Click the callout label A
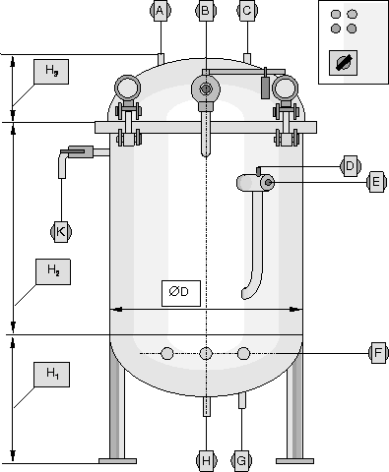click(161, 11)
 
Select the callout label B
click(206, 11)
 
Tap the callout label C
click(247, 11)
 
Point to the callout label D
click(350, 166)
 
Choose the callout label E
click(376, 182)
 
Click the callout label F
click(378, 353)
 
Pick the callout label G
click(241, 460)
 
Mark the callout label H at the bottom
click(206, 460)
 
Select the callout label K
click(61, 232)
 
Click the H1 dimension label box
click(51, 375)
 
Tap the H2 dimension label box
click(53, 271)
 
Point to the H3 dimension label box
click(51, 72)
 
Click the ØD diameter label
click(181, 293)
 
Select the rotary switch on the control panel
click(343, 63)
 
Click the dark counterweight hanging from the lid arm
click(266, 88)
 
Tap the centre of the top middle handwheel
click(206, 88)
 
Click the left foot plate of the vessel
click(117, 461)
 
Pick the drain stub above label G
click(242, 400)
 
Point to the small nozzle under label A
click(161, 59)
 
